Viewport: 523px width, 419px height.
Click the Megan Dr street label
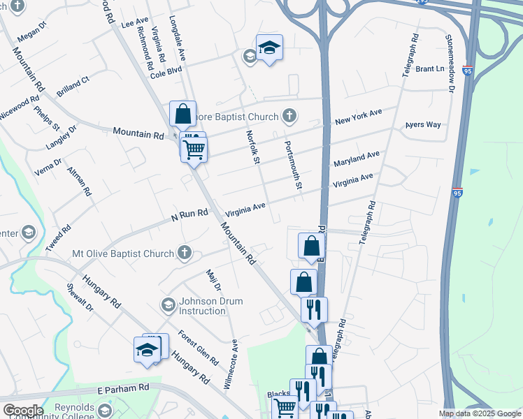(31, 31)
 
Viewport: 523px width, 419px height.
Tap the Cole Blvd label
(166, 71)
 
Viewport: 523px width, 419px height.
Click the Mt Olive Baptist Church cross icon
(185, 252)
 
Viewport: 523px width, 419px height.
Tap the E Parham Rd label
(124, 388)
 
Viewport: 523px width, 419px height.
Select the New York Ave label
(358, 117)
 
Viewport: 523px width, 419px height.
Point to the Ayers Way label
(423, 125)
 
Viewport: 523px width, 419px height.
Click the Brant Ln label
(430, 69)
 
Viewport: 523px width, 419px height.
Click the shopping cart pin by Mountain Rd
(194, 148)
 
